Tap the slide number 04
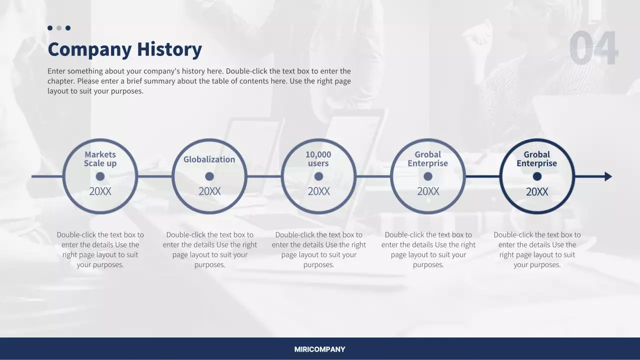coord(593,48)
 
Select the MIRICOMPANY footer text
coord(319,349)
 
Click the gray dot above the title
coord(59,28)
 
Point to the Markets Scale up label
coord(100,159)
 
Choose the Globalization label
coord(209,159)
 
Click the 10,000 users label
coord(318,159)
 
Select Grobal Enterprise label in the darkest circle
coord(536,159)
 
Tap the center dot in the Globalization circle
coord(209,176)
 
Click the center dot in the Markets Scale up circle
coord(100,176)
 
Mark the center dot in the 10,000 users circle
coord(318,176)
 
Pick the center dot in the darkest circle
coord(537,176)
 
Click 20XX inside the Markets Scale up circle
coord(100,191)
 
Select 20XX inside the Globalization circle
coord(209,191)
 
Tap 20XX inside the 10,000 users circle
coord(318,191)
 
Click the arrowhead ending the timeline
coord(608,176)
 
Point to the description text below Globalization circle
coord(209,249)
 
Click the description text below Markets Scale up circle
coord(100,249)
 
